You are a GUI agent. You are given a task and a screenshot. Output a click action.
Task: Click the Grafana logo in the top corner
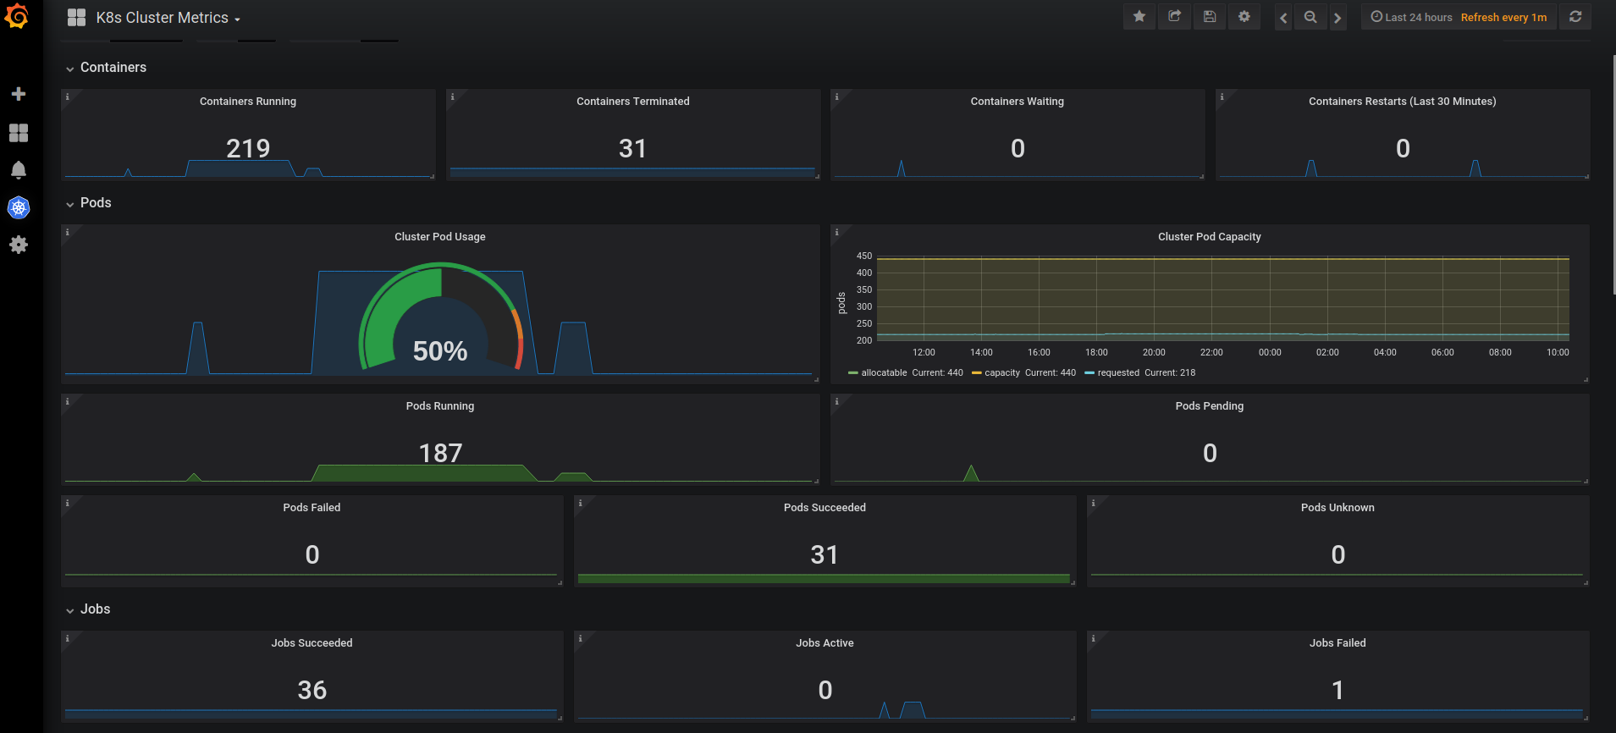point(17,16)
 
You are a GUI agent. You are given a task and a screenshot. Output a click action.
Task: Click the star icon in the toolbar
point(1139,16)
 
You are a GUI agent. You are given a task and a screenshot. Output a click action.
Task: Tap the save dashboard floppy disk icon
point(1210,16)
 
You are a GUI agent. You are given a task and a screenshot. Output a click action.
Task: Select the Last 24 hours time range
point(1411,17)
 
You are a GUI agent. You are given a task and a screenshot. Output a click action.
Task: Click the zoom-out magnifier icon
point(1310,17)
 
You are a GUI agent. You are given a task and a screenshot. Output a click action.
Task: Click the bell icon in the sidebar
point(19,170)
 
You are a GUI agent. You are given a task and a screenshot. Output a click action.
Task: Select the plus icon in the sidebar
point(19,94)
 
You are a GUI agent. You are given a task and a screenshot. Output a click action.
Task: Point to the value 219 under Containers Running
point(248,148)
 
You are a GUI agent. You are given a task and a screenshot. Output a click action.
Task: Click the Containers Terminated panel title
point(633,102)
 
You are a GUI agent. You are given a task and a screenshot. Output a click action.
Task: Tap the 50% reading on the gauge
point(440,350)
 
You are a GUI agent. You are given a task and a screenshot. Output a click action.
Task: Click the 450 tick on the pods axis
point(864,256)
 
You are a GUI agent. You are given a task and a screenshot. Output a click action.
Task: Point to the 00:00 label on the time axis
point(1270,352)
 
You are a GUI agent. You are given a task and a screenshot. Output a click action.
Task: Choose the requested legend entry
point(1140,372)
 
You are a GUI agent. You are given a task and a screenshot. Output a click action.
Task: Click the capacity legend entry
point(1024,372)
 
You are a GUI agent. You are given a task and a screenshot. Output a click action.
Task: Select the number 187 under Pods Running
point(440,453)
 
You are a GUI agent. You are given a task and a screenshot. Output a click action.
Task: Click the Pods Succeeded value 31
point(825,554)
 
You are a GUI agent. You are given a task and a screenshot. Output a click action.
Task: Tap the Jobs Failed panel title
point(1337,643)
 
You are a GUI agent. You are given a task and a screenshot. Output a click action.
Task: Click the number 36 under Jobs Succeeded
point(312,690)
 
